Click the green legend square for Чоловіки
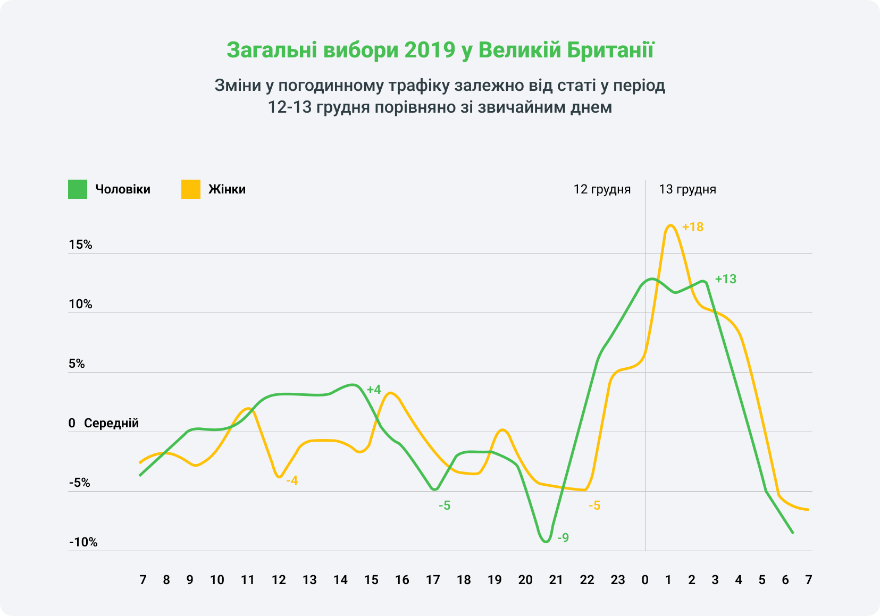(x=77, y=189)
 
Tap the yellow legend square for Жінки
(x=190, y=189)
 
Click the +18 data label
(x=692, y=227)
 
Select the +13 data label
(x=725, y=279)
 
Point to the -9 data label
(x=563, y=538)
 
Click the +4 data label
(x=374, y=390)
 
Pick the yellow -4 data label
(x=292, y=481)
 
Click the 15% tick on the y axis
(x=80, y=244)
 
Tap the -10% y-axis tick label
(x=83, y=542)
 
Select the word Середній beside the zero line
(x=111, y=423)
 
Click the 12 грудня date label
(x=602, y=189)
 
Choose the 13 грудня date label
(x=687, y=189)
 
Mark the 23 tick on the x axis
(x=617, y=580)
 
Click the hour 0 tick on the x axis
(x=645, y=580)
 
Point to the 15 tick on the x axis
(x=371, y=580)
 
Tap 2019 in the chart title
(x=430, y=50)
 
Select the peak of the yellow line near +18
(x=671, y=225)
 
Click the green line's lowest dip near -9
(x=546, y=542)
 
